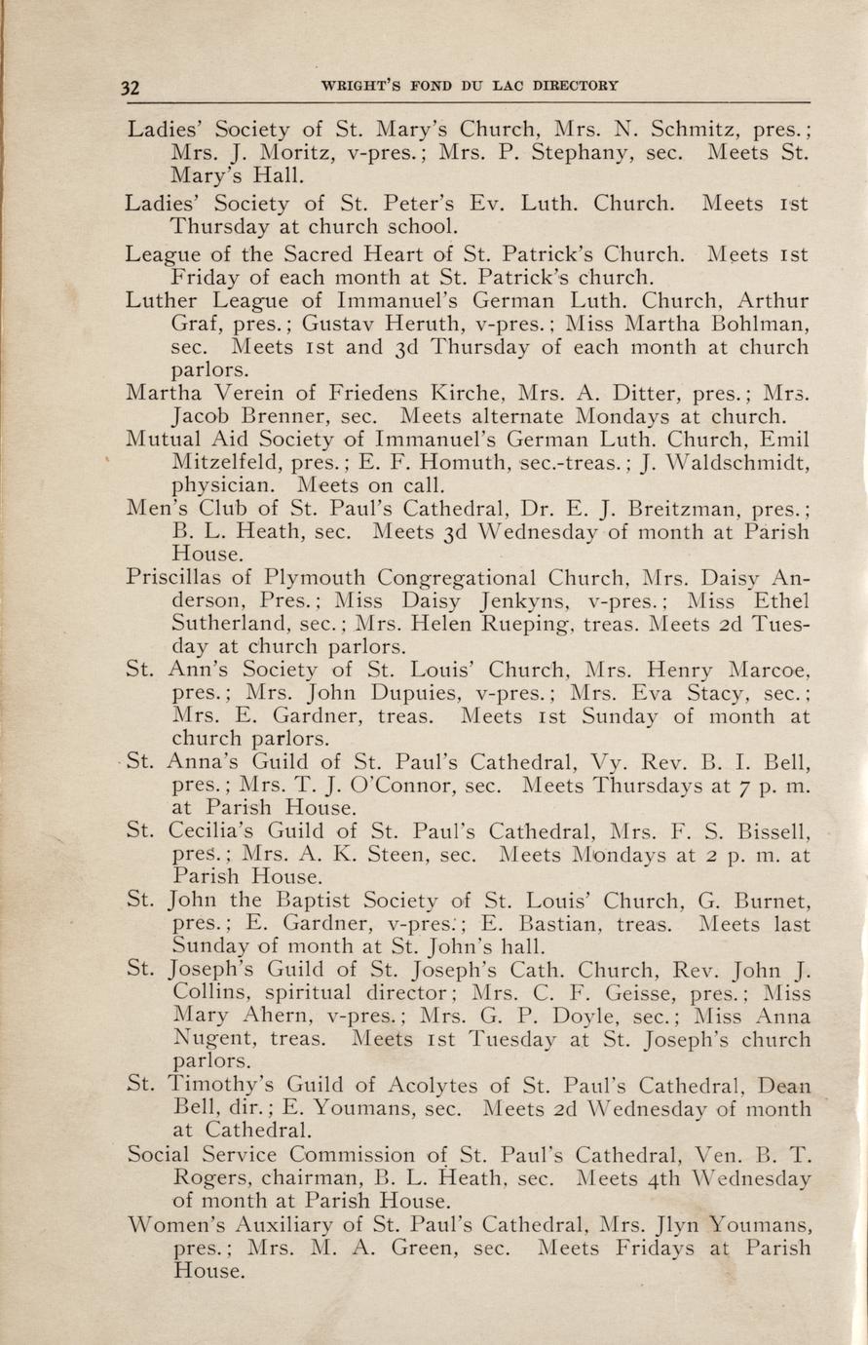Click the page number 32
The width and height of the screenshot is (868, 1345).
(x=131, y=86)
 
